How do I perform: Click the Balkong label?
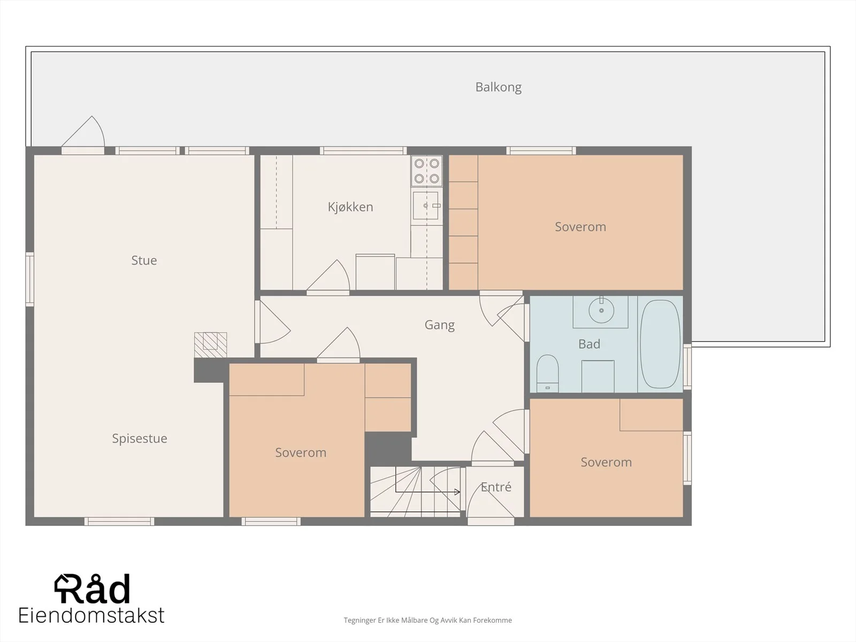point(498,87)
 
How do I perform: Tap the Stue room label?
point(144,260)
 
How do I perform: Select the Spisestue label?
point(140,439)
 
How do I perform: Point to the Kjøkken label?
point(350,207)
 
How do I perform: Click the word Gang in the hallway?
point(440,325)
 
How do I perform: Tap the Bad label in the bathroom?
point(589,344)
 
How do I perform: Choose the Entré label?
point(495,486)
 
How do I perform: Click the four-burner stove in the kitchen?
point(426,171)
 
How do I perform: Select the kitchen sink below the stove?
point(426,205)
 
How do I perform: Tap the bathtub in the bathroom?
point(660,344)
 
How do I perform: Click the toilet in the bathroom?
point(547,373)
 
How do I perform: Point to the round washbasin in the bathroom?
point(601,310)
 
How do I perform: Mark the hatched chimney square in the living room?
point(211,345)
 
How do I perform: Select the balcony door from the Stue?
point(83,134)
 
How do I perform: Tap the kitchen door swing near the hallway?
point(328,276)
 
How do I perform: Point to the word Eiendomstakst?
point(91,615)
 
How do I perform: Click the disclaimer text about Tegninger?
point(427,620)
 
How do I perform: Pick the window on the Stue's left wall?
point(29,279)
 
